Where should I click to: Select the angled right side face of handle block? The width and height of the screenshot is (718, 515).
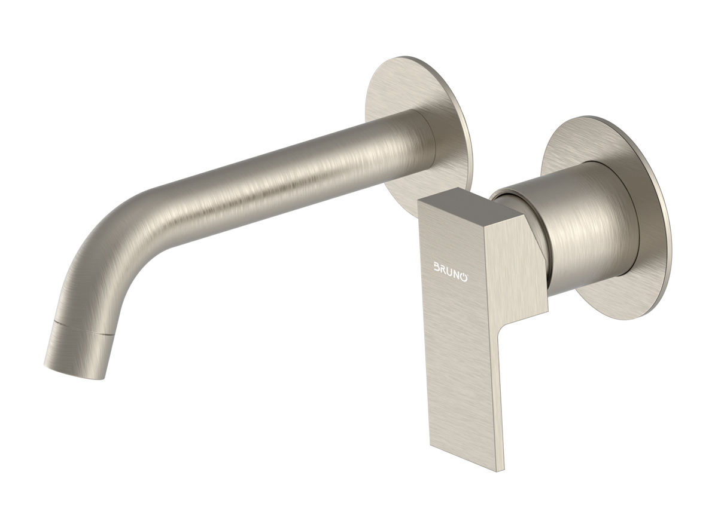coord(518,269)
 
